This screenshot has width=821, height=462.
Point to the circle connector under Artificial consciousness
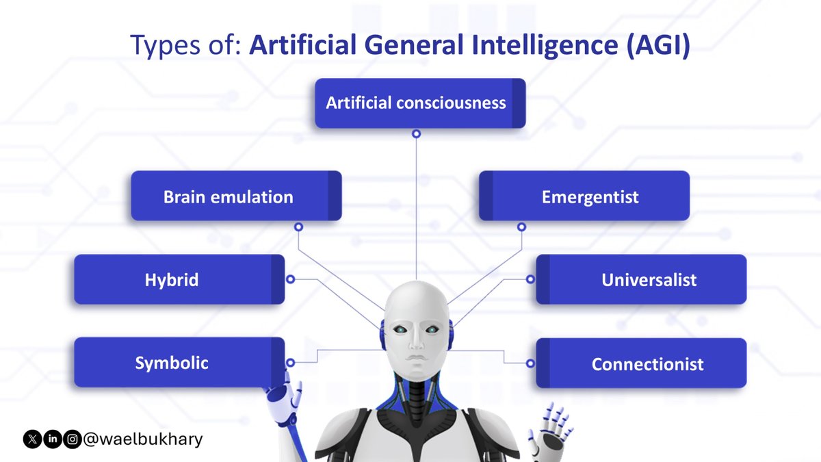416,134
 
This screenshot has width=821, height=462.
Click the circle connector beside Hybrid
290,279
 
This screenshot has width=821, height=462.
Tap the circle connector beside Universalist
530,279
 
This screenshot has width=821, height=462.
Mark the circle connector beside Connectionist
530,363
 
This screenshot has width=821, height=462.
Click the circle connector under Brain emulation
298,227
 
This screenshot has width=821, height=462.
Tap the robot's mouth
415,359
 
